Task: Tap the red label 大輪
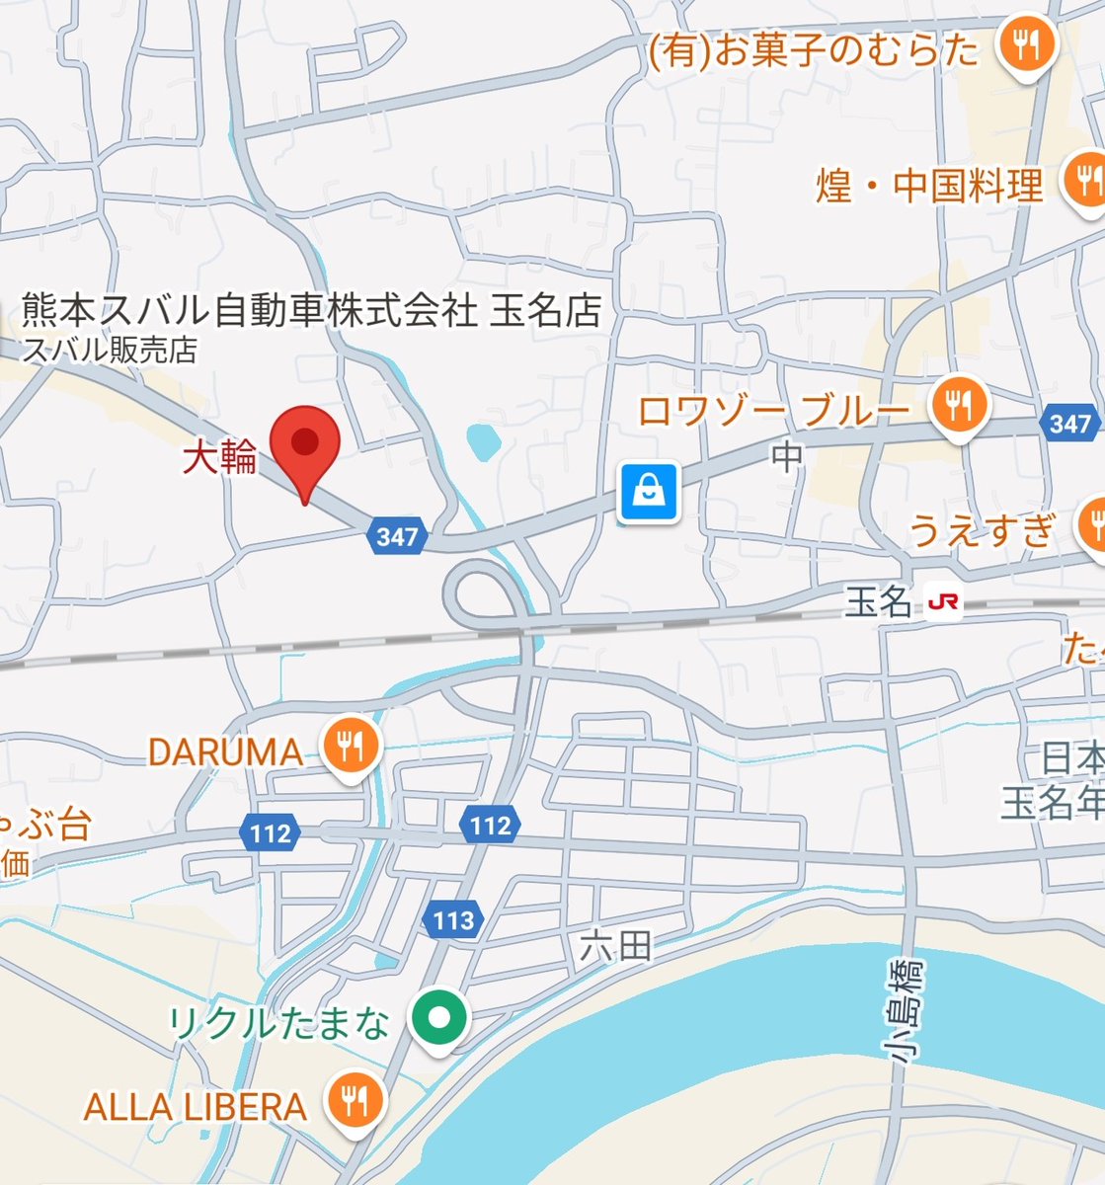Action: point(219,458)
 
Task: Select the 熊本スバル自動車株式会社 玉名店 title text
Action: point(312,311)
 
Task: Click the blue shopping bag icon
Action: point(649,491)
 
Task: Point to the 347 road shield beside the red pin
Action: point(398,537)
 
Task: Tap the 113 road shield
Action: point(453,920)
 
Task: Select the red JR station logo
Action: point(944,602)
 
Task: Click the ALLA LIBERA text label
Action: point(196,1107)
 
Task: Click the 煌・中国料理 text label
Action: point(929,186)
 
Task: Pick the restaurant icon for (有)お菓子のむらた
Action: point(1026,45)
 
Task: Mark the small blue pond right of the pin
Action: point(481,442)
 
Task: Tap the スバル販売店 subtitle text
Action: point(110,350)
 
